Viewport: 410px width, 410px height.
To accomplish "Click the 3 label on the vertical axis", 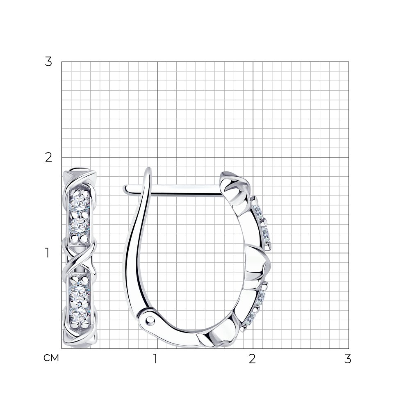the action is pos(48,62).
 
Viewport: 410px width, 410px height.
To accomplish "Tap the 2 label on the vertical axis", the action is pos(49,157).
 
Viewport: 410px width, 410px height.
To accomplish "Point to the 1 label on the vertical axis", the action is pos(47,253).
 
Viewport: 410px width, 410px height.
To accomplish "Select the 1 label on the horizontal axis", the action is pos(155,359).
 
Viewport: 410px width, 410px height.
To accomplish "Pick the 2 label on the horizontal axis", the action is pos(252,359).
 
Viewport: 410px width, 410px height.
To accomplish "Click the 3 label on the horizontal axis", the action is pos(348,359).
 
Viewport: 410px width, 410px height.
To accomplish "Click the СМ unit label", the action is pos(51,358).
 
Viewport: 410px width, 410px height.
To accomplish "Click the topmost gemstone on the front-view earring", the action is pos(79,203).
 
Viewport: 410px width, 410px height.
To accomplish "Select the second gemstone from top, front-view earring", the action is pos(79,225).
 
